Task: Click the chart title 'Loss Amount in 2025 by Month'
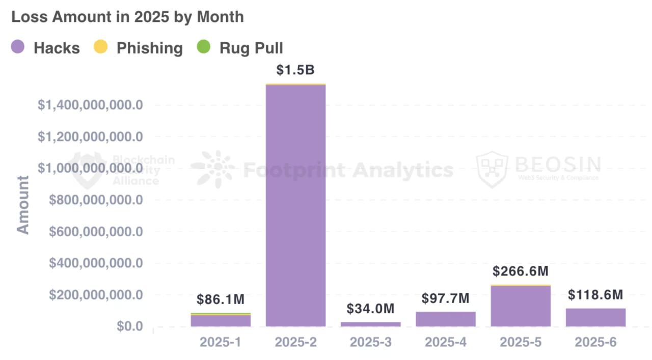tap(127, 17)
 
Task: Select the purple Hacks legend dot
tap(17, 48)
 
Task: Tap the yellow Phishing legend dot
tap(101, 48)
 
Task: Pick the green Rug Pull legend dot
tap(204, 48)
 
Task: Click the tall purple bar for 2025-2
tap(295, 204)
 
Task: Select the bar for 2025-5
tap(521, 306)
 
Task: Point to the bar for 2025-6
tap(595, 317)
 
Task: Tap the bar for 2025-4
tap(446, 319)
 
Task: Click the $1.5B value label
tap(295, 70)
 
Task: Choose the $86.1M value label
tap(221, 300)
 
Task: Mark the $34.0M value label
tap(370, 309)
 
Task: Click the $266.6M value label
tap(521, 271)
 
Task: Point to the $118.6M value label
tap(595, 295)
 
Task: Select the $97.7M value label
tap(446, 298)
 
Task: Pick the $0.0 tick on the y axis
tap(129, 326)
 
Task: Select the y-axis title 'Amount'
tap(23, 205)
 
